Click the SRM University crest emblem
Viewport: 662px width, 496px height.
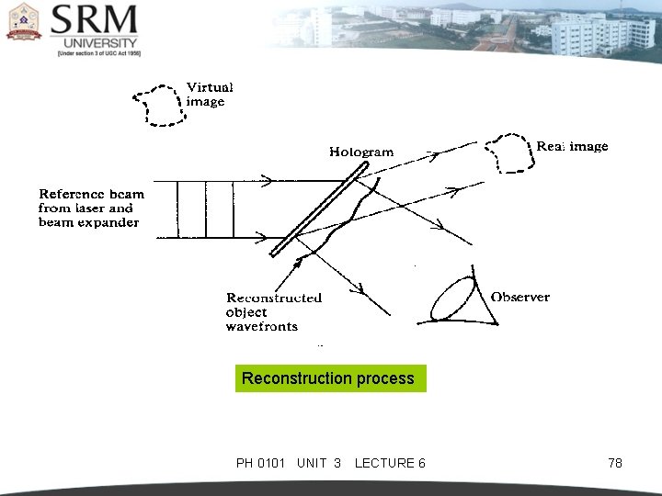(x=25, y=22)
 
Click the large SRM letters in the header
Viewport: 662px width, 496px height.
(x=95, y=20)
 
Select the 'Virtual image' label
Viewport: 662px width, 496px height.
(x=210, y=94)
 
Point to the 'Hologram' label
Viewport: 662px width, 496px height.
(x=361, y=152)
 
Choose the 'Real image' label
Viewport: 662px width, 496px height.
(x=572, y=146)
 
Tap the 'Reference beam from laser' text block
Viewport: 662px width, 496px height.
(x=90, y=209)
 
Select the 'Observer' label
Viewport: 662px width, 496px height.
(x=520, y=297)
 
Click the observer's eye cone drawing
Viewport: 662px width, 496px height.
(x=459, y=299)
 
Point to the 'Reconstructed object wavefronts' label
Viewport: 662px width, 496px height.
(x=273, y=311)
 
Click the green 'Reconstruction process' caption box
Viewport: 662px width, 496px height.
(x=330, y=378)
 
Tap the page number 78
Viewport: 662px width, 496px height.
(x=615, y=463)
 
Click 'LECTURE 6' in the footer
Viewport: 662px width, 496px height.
(x=389, y=463)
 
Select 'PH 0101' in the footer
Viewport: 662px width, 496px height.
(x=261, y=463)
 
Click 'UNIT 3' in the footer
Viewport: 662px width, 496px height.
(x=319, y=463)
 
